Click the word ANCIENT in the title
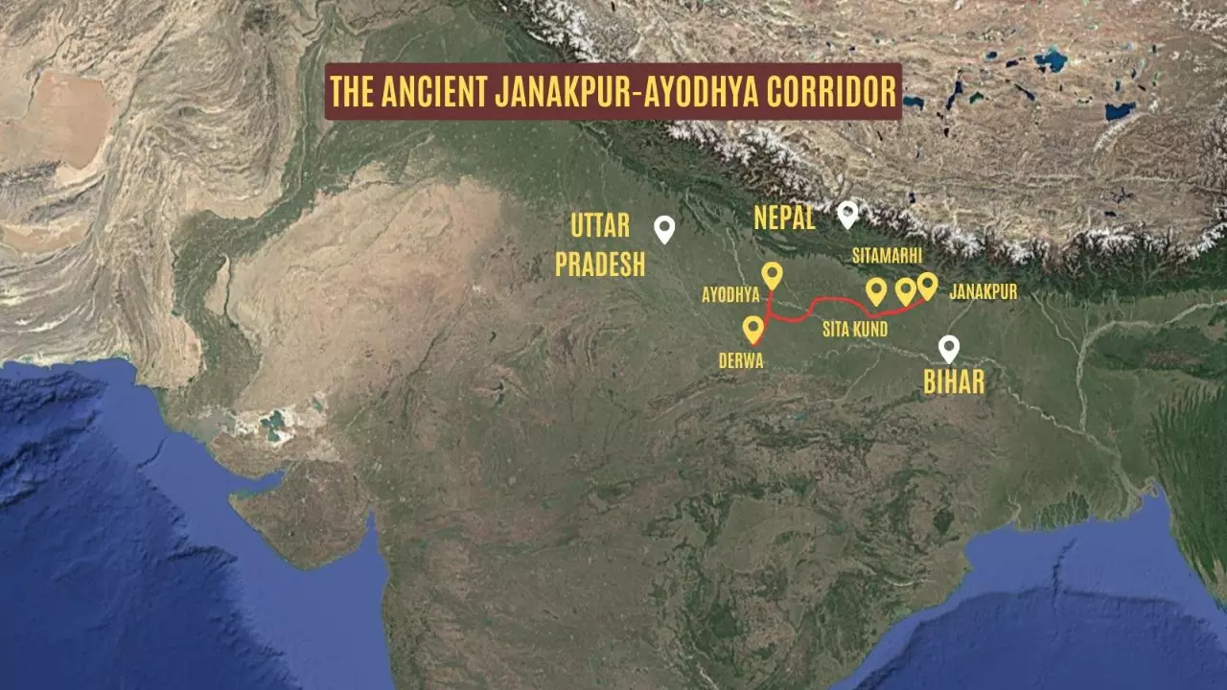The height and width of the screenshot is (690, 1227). click(434, 92)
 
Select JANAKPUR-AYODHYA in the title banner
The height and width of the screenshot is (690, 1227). click(605, 92)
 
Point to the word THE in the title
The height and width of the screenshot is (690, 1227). click(352, 92)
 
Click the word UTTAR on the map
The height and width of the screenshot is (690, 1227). click(600, 226)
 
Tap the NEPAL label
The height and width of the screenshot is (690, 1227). click(784, 218)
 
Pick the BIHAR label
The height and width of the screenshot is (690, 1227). click(954, 382)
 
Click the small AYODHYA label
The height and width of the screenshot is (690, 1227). click(730, 296)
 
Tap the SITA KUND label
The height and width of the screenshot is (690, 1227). click(854, 330)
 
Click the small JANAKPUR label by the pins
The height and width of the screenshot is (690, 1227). click(983, 292)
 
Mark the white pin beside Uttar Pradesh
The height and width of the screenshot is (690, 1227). click(664, 228)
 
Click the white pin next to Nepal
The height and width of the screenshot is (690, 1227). click(847, 213)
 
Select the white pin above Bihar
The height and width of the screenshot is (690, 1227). click(949, 348)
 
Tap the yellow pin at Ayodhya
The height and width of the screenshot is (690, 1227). click(772, 275)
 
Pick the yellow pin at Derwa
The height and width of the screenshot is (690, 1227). click(753, 329)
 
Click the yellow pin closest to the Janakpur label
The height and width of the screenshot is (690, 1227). click(927, 285)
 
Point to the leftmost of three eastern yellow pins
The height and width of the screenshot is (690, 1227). click(875, 290)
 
